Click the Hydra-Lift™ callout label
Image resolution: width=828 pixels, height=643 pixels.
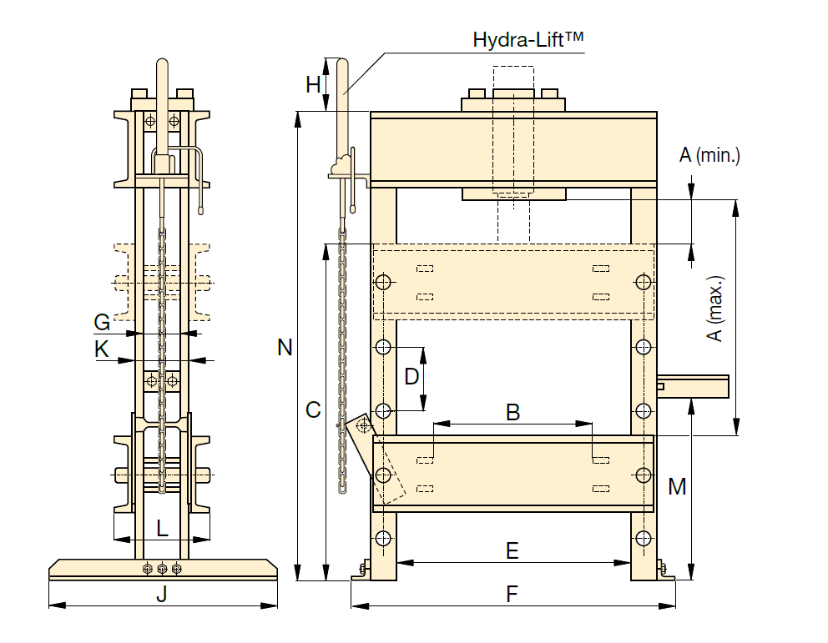(x=528, y=39)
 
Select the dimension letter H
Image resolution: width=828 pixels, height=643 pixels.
(x=313, y=84)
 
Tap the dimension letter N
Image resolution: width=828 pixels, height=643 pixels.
(x=285, y=347)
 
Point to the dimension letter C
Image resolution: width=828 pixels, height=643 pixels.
(x=313, y=409)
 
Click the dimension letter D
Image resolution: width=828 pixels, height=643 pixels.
(x=411, y=377)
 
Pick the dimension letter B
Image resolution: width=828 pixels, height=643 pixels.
(x=512, y=412)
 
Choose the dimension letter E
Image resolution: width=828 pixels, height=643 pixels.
(x=512, y=550)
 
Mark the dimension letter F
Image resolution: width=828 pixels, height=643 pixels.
(x=512, y=594)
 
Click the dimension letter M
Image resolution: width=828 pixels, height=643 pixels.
(x=677, y=486)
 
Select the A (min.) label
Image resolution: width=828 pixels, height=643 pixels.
(x=709, y=155)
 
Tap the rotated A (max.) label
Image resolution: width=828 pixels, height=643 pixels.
(x=715, y=309)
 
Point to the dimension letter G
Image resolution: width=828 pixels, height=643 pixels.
(x=102, y=322)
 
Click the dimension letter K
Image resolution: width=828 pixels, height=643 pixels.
(x=101, y=349)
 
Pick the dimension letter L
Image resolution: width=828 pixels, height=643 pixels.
(x=162, y=528)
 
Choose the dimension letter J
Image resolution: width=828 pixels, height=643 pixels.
(x=162, y=594)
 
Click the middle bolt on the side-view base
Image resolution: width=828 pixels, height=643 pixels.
(x=162, y=569)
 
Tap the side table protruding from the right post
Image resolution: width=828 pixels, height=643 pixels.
(x=693, y=387)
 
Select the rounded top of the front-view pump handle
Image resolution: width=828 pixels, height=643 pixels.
(x=343, y=63)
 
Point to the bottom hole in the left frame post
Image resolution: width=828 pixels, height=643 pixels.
(x=383, y=539)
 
